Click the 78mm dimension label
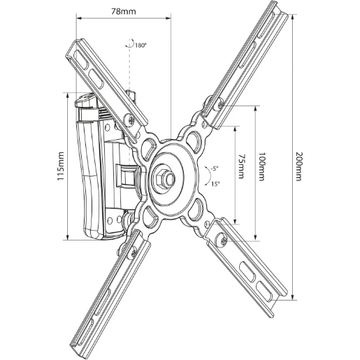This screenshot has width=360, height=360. click(x=122, y=12)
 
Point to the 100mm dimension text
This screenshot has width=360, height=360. click(x=261, y=166)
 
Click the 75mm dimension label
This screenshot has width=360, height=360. click(x=241, y=167)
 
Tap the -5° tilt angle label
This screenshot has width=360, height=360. click(x=213, y=170)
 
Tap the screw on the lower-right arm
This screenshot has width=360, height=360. click(x=222, y=240)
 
